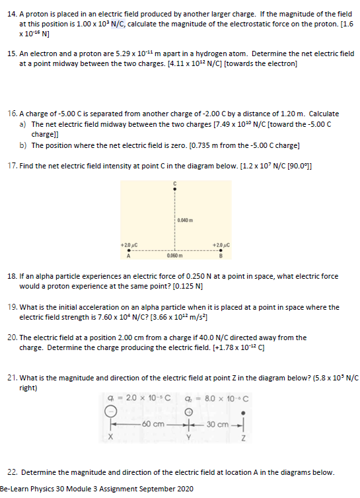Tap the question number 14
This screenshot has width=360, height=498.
10,13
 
